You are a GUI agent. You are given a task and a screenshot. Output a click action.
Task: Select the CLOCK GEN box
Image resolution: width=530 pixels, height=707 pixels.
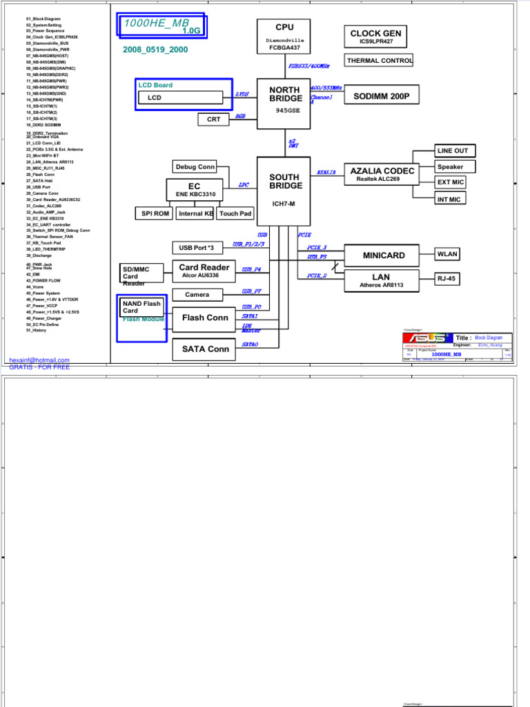pyautogui.click(x=375, y=37)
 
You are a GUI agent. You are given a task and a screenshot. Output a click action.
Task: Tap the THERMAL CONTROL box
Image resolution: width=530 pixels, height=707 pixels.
pyautogui.click(x=379, y=61)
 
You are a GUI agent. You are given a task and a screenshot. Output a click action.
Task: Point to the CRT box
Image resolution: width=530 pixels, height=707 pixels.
pyautogui.click(x=213, y=119)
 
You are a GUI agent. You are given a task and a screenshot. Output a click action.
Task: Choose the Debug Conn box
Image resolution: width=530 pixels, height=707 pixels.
pyautogui.click(x=195, y=166)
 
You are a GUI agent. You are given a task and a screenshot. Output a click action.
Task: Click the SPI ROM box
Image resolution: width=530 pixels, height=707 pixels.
pyautogui.click(x=155, y=213)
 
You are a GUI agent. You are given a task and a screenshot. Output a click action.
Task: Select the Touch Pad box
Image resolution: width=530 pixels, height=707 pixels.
pyautogui.click(x=235, y=213)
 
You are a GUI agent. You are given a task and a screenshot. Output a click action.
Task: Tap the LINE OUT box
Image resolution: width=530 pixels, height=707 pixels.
pyautogui.click(x=452, y=151)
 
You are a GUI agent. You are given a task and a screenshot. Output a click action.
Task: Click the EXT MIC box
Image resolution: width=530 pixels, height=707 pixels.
pyautogui.click(x=451, y=182)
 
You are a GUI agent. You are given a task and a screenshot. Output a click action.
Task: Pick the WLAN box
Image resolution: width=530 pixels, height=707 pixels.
pyautogui.click(x=447, y=254)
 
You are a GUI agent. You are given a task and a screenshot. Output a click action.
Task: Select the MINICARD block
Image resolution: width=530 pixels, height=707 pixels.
pyautogui.click(x=384, y=255)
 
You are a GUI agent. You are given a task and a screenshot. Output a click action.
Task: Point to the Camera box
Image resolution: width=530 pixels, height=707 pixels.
pyautogui.click(x=197, y=295)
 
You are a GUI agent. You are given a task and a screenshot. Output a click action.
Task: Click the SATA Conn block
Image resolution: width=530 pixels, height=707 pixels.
pyautogui.click(x=205, y=349)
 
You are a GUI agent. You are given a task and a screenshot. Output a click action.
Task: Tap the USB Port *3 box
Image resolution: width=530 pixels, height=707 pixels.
pyautogui.click(x=197, y=248)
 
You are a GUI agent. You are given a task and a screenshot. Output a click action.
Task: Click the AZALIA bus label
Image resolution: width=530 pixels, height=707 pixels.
pyautogui.click(x=326, y=173)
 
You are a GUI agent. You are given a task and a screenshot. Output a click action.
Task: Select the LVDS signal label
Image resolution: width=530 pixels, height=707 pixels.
pyautogui.click(x=242, y=94)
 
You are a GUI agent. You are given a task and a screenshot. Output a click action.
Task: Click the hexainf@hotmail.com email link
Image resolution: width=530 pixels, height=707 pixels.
pyautogui.click(x=39, y=360)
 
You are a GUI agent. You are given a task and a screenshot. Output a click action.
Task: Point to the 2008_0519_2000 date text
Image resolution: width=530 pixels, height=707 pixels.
pyautogui.click(x=155, y=50)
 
